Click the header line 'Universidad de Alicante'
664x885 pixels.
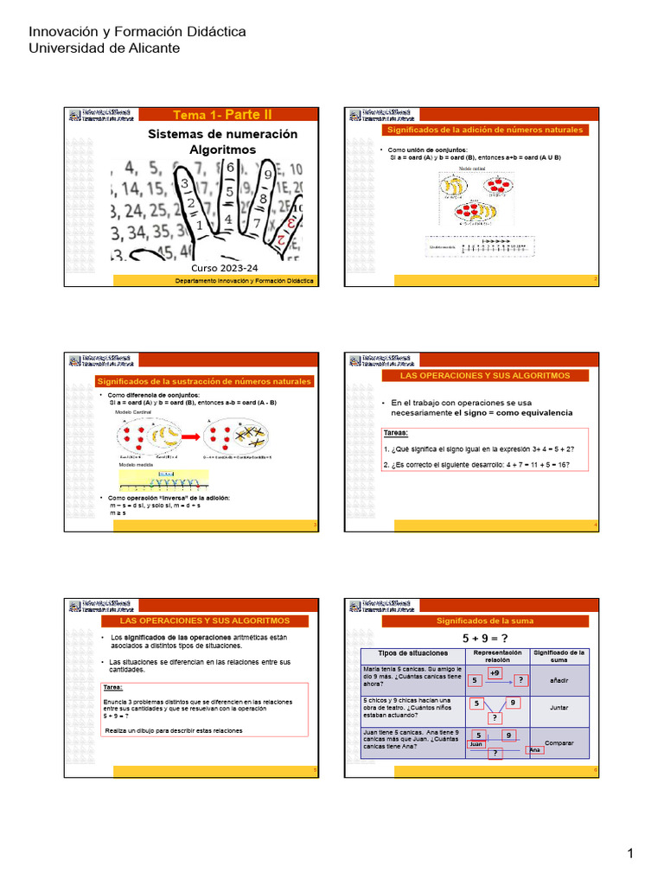[105, 48]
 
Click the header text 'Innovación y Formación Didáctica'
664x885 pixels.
[137, 32]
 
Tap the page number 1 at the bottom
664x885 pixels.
[631, 854]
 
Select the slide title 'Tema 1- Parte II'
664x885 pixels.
[222, 115]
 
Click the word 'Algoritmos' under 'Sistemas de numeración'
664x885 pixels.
[222, 150]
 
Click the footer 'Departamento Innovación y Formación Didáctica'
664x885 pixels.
[245, 281]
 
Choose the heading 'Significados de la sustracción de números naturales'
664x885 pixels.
[204, 381]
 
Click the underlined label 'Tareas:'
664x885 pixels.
[396, 434]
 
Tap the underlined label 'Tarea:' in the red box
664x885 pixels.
[112, 688]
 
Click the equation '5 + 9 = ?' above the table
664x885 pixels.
[484, 638]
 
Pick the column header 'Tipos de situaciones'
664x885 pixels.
[412, 653]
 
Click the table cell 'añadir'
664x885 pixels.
[559, 680]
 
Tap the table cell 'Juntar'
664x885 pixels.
[559, 707]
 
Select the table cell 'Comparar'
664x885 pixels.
[559, 742]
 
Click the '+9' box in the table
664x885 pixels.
[495, 672]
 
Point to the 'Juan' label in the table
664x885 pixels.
[476, 743]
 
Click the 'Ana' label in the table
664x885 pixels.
[535, 749]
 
